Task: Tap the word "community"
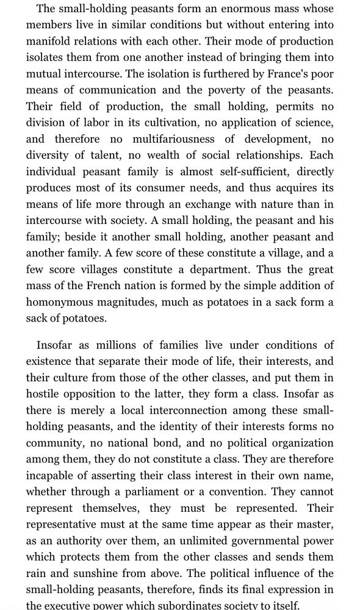pos(55,442)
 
